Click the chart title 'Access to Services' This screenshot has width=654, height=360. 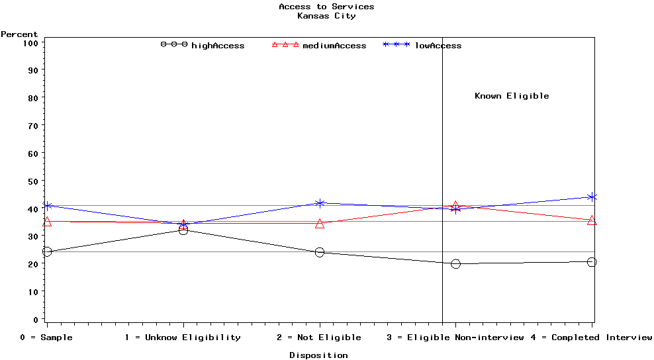pyautogui.click(x=326, y=7)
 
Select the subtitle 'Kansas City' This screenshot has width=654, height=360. pyautogui.click(x=326, y=16)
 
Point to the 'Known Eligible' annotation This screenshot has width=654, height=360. pyautogui.click(x=512, y=96)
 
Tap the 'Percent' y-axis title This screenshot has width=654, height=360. pyautogui.click(x=19, y=34)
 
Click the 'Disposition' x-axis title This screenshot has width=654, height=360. pyautogui.click(x=318, y=355)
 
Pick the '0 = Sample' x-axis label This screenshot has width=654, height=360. pyautogui.click(x=46, y=337)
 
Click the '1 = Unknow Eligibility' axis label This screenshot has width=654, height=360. pyautogui.click(x=183, y=337)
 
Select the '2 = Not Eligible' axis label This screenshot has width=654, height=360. pyautogui.click(x=319, y=337)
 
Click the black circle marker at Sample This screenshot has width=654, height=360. pyautogui.click(x=46, y=252)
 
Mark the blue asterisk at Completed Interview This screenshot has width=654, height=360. pyautogui.click(x=592, y=197)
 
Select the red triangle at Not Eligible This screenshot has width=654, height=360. pyautogui.click(x=320, y=224)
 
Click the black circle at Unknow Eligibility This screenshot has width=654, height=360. pyautogui.click(x=183, y=230)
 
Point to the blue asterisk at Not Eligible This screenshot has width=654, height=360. pyautogui.click(x=320, y=203)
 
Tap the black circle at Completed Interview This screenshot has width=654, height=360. pyautogui.click(x=592, y=262)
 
